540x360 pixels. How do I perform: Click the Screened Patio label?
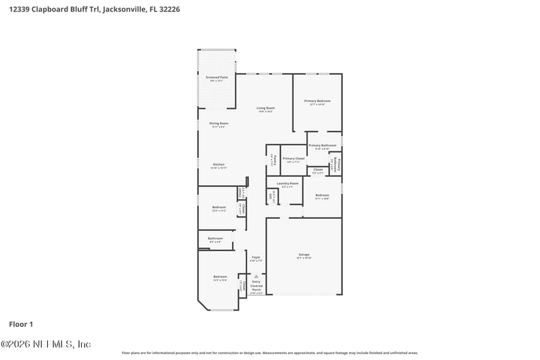217,78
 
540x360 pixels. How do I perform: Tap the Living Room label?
265,109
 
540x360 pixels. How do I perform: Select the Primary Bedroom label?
317,101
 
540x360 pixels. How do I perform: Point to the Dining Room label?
219,124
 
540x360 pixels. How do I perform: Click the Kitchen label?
219,165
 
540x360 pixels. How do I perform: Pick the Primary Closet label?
294,159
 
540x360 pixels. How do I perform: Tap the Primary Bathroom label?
322,146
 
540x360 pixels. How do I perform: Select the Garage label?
304,255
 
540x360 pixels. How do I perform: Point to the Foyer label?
256,257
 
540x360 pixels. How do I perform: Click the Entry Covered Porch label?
256,286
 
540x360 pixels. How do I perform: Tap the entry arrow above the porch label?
256,276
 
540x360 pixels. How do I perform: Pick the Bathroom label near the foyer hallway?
215,238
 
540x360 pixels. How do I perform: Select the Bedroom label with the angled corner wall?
220,277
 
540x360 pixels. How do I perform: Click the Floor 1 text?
20,324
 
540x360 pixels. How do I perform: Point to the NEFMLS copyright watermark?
45,344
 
